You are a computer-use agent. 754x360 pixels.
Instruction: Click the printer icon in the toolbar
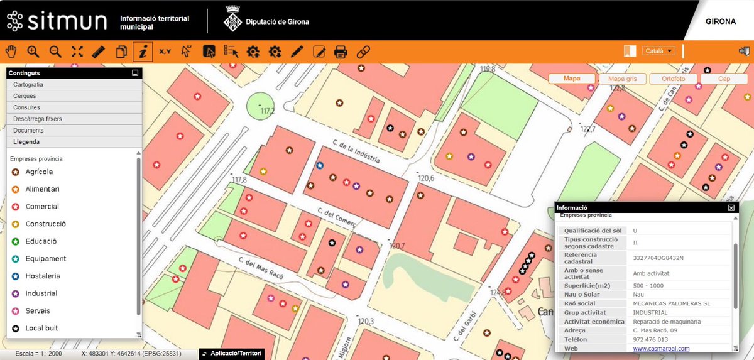(x=341, y=52)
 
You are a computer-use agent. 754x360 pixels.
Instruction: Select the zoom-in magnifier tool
(x=33, y=52)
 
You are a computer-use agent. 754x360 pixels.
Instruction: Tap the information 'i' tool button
(x=143, y=52)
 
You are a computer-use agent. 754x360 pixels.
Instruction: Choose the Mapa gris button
(x=622, y=79)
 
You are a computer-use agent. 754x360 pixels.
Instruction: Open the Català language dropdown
(x=658, y=51)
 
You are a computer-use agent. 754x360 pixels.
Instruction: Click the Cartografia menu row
(x=74, y=84)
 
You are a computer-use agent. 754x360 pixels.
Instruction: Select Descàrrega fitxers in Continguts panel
(x=74, y=119)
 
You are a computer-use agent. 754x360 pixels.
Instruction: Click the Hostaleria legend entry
(x=43, y=276)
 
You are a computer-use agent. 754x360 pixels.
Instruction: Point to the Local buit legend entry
(x=41, y=328)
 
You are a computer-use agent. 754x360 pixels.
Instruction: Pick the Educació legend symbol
(x=15, y=241)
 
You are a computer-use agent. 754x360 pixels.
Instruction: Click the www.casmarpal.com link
(x=661, y=349)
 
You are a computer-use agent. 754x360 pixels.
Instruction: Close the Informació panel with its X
(x=731, y=207)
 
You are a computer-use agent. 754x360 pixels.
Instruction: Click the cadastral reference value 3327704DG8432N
(x=658, y=258)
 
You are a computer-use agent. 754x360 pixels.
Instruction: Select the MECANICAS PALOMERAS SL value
(x=671, y=303)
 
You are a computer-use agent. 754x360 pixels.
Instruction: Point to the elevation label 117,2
(x=268, y=111)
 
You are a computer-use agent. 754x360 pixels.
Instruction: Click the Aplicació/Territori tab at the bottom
(x=231, y=354)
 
